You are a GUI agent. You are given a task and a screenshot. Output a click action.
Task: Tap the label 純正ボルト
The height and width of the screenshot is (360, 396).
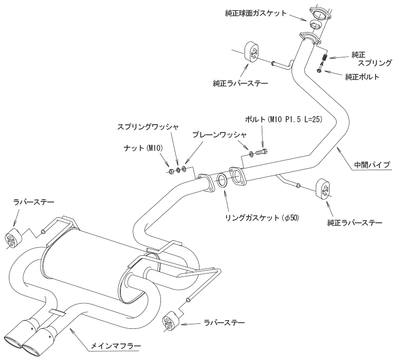click(362, 77)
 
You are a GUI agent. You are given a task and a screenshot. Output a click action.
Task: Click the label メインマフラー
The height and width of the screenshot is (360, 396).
click(114, 344)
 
